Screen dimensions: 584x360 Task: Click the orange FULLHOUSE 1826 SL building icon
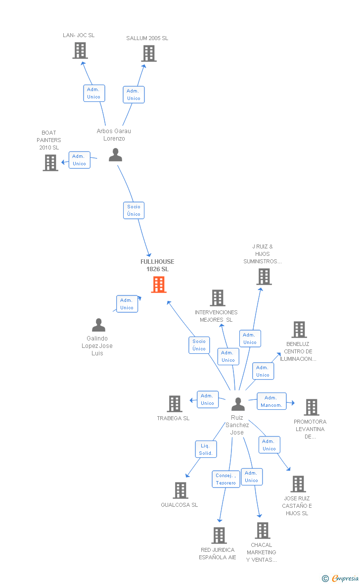point(159,285)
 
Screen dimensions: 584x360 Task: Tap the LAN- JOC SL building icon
point(80,50)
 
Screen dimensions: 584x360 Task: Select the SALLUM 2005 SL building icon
point(149,53)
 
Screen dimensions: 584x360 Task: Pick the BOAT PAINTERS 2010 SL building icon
point(50,163)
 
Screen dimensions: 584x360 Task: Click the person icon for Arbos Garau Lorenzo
point(115,155)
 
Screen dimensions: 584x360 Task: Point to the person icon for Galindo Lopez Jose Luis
point(99,325)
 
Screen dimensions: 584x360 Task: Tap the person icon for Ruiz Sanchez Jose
point(238,404)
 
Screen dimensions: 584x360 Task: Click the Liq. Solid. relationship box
point(206,449)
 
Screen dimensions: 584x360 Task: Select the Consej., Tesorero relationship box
point(226,479)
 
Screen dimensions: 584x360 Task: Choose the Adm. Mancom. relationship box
point(271,401)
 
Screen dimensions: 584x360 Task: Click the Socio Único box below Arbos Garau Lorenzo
point(134,210)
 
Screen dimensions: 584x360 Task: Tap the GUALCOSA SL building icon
point(180,490)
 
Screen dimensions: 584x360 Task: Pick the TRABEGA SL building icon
point(175,404)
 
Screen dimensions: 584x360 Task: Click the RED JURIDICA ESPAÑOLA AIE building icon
point(219,535)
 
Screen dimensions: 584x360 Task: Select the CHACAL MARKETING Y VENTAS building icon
point(262,531)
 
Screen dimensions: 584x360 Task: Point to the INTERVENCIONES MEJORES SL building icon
point(218,298)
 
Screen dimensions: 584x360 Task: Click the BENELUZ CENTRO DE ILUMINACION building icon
point(299,330)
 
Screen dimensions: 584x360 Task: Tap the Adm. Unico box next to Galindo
point(127,304)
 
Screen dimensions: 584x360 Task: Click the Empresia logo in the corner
point(341,578)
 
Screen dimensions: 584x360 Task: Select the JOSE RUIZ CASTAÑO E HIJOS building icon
point(298,484)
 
